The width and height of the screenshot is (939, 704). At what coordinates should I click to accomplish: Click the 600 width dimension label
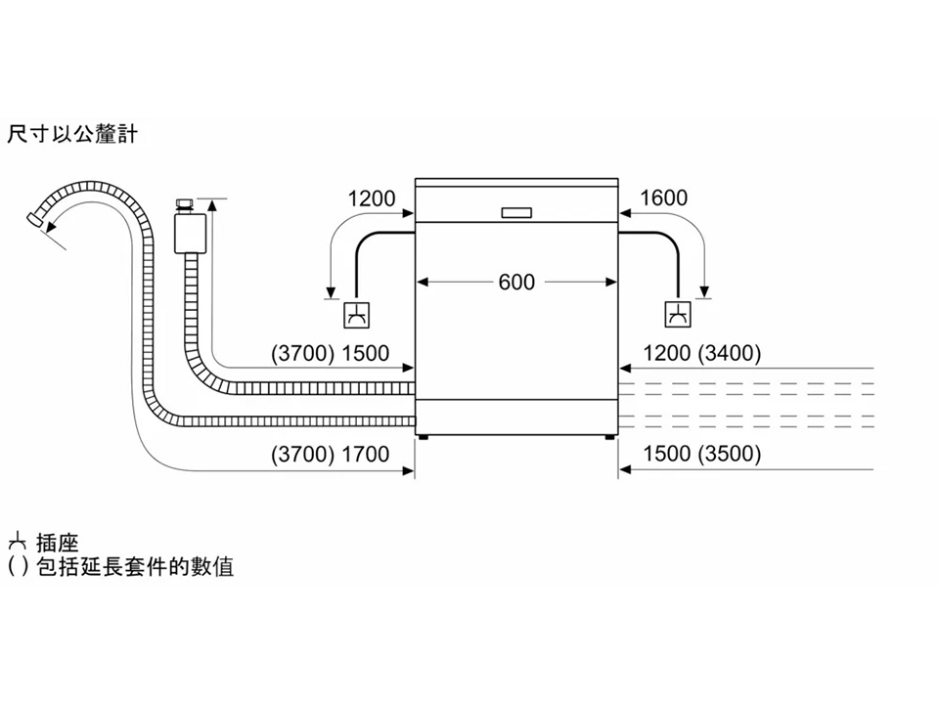pos(516,282)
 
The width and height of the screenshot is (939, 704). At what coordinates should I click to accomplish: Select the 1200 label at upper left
pos(372,198)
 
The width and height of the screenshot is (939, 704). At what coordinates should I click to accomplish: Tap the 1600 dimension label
pos(663,198)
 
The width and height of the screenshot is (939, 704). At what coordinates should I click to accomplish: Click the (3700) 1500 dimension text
pos(330,353)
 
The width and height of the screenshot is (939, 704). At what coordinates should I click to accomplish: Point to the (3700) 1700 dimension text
pos(330,455)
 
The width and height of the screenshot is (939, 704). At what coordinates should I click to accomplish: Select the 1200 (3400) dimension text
pos(702,353)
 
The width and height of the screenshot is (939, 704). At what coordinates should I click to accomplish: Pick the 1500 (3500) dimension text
pos(702,454)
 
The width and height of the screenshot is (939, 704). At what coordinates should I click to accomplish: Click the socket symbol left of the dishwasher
pos(356,315)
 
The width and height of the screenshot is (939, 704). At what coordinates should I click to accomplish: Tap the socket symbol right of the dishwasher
pos(677,314)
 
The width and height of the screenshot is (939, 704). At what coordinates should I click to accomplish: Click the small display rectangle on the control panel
pos(516,212)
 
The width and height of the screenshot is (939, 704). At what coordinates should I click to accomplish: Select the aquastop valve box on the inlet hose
pos(191,233)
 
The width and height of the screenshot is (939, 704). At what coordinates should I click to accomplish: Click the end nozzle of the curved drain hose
pos(35,219)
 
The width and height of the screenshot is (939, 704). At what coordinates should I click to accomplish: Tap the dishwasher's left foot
pos(424,437)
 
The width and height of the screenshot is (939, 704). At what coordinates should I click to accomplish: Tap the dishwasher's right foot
pos(609,437)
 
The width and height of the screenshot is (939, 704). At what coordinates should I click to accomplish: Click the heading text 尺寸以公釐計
pos(71,134)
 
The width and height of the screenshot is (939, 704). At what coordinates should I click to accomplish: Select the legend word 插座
pos(58,543)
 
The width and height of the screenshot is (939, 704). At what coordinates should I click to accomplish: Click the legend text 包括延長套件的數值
pos(135,566)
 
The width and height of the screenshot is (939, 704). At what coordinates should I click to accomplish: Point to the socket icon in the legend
pos(18,543)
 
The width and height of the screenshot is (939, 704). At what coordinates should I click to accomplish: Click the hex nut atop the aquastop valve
pos(184,204)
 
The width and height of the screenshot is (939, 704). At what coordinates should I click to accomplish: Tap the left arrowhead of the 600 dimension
pos(423,282)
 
